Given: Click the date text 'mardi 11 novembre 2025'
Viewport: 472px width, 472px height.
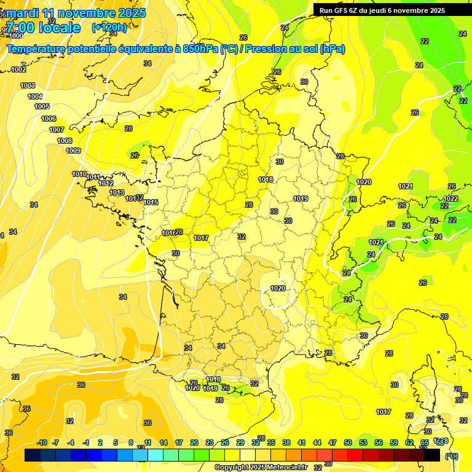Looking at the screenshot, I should click(77, 13).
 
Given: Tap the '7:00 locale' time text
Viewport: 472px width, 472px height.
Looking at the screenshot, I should click(43, 28).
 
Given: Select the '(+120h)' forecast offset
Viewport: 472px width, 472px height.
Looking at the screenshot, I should click(109, 27).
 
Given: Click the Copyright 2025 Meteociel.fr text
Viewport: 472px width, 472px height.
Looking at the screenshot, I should click(261, 467).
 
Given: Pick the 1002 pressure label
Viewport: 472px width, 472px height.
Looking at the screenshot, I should click(19, 69).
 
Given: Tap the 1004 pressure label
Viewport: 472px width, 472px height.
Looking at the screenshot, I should click(35, 96).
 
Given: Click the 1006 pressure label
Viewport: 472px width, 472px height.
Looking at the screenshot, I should click(49, 119).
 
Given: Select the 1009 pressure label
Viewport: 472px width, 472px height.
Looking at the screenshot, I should click(73, 151).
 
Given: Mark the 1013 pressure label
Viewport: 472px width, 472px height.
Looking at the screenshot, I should click(117, 192).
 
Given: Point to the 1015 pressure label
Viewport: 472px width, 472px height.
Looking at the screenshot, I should click(151, 202).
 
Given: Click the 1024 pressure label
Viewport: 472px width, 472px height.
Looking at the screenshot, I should click(376, 242).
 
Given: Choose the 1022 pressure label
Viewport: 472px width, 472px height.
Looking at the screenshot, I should click(450, 199).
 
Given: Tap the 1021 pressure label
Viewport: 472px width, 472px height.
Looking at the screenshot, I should click(405, 186).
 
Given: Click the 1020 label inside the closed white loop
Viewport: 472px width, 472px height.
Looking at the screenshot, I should click(278, 288).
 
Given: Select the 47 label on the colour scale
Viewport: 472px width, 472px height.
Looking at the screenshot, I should click(332, 442).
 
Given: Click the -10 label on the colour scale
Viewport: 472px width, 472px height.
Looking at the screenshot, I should click(42, 442).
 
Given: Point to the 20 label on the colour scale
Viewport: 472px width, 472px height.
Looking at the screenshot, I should click(194, 442).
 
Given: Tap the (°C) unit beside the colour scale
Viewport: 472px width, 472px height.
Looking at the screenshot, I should click(452, 455).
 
